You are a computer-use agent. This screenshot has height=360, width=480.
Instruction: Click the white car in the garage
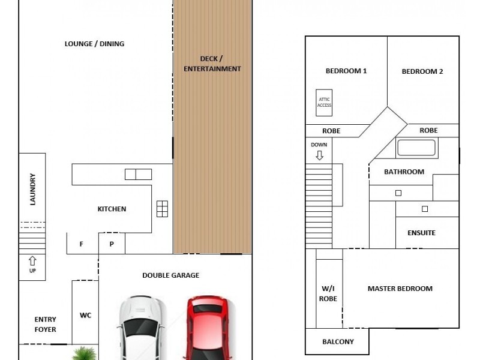click(x=142, y=328)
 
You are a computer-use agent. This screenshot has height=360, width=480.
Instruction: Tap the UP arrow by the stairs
click(x=32, y=261)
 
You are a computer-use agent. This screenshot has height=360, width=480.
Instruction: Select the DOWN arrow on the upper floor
click(x=319, y=155)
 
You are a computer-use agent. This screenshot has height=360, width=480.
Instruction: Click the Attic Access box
click(x=324, y=103)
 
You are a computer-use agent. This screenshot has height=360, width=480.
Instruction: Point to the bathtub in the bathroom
click(x=416, y=148)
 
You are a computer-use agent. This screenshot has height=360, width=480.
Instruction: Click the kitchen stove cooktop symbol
click(x=162, y=209)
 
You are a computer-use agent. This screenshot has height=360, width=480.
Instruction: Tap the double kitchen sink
click(x=138, y=174)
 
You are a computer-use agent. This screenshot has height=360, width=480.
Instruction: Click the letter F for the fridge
click(x=81, y=244)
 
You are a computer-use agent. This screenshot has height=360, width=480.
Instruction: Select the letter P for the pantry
click(x=112, y=244)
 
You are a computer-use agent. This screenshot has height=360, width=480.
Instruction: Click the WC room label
click(x=85, y=315)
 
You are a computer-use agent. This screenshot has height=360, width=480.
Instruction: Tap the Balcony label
click(x=338, y=341)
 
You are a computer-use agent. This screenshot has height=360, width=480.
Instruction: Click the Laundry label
click(x=32, y=189)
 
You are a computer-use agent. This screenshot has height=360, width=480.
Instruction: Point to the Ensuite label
click(x=422, y=233)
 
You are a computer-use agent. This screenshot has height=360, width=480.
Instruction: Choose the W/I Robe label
click(x=328, y=293)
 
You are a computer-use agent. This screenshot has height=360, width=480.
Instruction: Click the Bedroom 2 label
click(x=422, y=71)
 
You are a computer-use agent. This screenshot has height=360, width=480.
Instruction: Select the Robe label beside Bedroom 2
click(x=428, y=130)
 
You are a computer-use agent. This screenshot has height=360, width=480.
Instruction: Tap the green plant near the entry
click(x=85, y=353)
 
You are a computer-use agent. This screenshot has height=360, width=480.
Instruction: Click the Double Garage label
click(x=171, y=275)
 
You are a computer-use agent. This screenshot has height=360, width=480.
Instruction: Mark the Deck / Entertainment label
click(x=212, y=64)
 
